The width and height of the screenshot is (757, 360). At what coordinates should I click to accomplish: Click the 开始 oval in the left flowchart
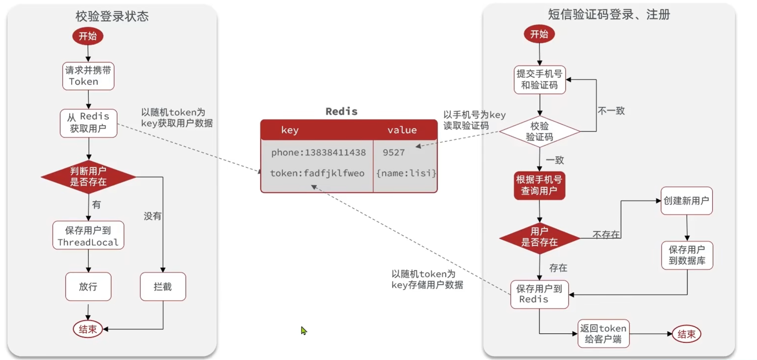coord(88,36)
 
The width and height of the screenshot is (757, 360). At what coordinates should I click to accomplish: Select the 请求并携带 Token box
coord(88,76)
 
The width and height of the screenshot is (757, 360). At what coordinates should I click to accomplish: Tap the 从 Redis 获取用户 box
coord(88,123)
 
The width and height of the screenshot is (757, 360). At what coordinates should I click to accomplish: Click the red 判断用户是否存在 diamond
coord(88,177)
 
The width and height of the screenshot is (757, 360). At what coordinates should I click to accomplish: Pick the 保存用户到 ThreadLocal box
coord(88,236)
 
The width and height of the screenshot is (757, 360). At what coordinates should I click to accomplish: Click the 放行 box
coord(88,287)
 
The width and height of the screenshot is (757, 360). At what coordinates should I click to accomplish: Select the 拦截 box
coord(163,287)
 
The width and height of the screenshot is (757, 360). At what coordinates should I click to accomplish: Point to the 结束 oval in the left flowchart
coord(88,329)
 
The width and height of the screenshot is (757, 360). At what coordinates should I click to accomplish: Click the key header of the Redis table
coord(290,130)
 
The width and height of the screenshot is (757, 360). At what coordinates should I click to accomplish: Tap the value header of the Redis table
coord(402,130)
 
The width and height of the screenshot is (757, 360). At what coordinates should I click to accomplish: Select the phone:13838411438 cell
coord(318,153)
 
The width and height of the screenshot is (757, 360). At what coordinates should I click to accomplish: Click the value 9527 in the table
coord(394,153)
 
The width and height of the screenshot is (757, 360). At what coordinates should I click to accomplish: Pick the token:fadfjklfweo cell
coord(317,173)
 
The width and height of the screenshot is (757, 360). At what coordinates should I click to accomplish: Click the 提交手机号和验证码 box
coord(540,80)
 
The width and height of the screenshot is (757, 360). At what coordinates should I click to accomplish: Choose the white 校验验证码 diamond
coord(540,131)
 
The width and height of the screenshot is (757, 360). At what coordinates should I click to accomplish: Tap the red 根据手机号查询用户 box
coord(540,186)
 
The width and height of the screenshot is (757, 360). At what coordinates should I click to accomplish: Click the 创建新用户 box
coord(686,201)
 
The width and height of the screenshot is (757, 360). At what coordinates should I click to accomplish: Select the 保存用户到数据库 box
coord(687,255)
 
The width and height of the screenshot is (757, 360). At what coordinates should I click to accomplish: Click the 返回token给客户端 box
coord(603,334)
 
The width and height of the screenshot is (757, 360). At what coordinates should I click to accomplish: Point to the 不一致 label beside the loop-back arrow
coord(611,111)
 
